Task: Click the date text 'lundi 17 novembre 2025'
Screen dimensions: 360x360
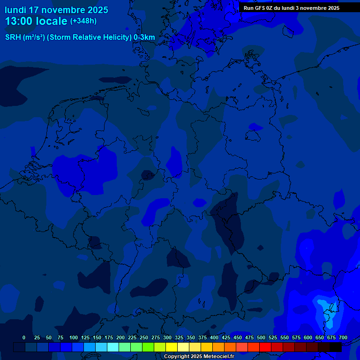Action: coord(56,10)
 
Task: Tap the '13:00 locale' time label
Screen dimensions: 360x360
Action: coord(36,21)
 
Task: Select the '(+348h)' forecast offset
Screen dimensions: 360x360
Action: coord(83,21)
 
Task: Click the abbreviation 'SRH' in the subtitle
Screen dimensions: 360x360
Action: coord(13,37)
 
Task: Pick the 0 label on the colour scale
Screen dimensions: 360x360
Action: coord(24,337)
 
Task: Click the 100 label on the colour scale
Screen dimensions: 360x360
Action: coord(74,337)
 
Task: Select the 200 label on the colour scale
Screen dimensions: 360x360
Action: coord(120,337)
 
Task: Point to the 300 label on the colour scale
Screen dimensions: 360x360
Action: coord(167,337)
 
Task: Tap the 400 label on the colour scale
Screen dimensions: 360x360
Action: coord(214,337)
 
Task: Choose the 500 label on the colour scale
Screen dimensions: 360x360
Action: coord(261,337)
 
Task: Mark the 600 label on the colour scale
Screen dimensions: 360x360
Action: coord(308,337)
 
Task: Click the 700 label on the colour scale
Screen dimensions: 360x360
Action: coord(343,337)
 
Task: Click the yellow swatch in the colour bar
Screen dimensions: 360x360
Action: coord(172,347)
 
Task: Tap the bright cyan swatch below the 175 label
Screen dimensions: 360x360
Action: coord(113,347)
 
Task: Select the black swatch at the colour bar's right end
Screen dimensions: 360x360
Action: coord(336,347)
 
